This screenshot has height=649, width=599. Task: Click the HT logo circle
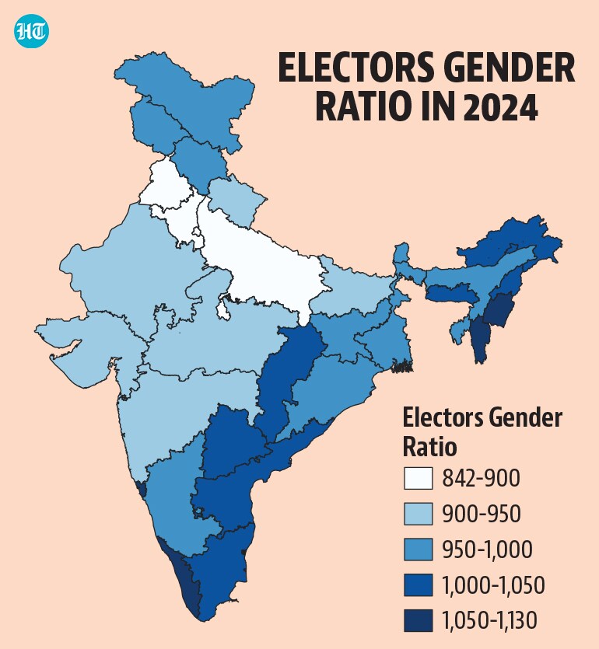click(x=31, y=31)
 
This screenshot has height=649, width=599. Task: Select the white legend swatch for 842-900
click(x=418, y=478)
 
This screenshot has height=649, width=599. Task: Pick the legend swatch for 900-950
click(x=418, y=514)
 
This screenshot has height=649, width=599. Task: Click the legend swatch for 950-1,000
click(x=418, y=550)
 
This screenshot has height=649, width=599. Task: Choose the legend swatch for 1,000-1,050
click(x=418, y=584)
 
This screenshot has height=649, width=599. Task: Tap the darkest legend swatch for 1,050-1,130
click(x=418, y=620)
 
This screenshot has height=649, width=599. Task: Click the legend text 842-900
click(x=481, y=478)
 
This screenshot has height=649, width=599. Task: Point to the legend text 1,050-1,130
click(x=490, y=621)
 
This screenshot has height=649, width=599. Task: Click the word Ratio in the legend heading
click(x=429, y=447)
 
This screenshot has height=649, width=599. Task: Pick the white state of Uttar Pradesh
click(x=265, y=265)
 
